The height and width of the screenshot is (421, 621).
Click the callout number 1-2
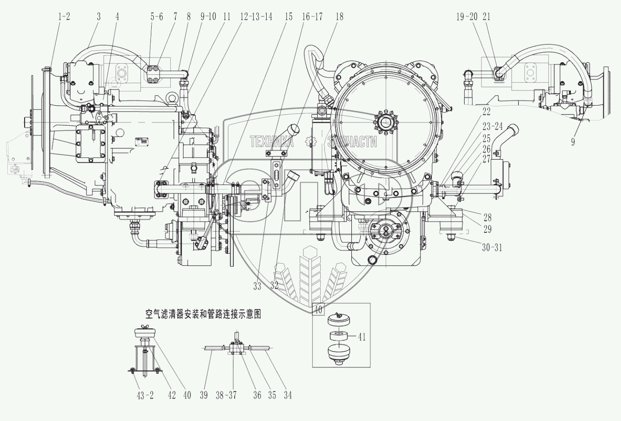[x=64, y=17]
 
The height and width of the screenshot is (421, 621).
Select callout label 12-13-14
[x=256, y=17]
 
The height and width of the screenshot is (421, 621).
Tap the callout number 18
[x=339, y=17]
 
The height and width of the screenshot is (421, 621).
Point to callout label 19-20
[x=467, y=17]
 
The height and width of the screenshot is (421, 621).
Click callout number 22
[x=486, y=112]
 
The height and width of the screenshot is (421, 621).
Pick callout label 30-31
[x=492, y=248]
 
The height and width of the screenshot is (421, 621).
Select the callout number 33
[x=258, y=286]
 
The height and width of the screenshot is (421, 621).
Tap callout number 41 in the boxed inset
[x=362, y=337]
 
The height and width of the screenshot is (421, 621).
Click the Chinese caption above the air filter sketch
[x=204, y=314]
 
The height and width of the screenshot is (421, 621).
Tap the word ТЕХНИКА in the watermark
[x=272, y=141]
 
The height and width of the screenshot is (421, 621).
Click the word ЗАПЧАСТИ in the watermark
[x=352, y=141]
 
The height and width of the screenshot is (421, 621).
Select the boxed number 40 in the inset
[x=318, y=310]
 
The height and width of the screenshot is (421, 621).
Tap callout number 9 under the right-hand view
[x=573, y=141]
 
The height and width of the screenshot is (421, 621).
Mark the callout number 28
[x=487, y=217]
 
